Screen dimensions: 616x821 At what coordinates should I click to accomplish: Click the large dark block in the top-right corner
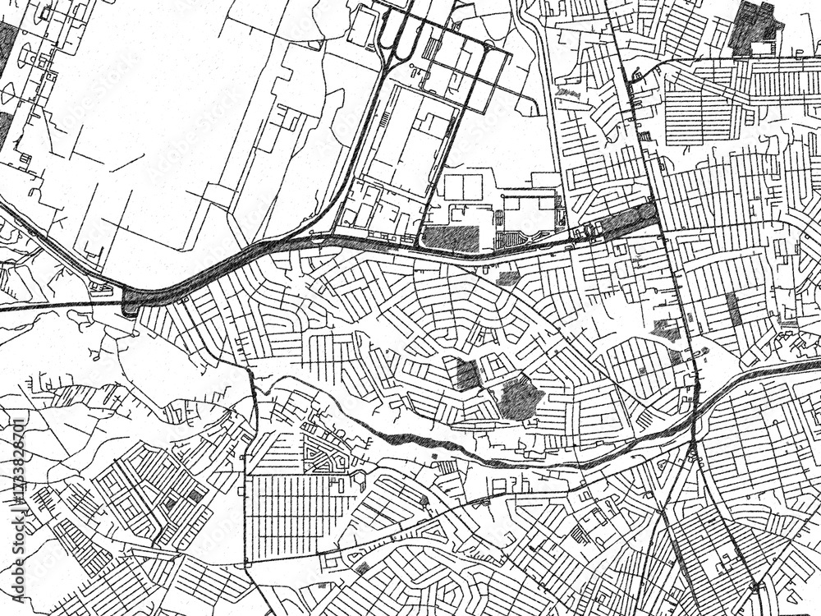[x=754, y=29]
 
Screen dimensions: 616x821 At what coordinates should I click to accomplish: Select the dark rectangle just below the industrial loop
[x=452, y=237]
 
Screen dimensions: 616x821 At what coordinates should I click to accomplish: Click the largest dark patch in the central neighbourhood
[x=520, y=398]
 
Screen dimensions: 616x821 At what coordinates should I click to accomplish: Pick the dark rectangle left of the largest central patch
[x=467, y=375]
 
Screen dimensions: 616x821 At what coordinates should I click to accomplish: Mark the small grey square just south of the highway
[x=508, y=278]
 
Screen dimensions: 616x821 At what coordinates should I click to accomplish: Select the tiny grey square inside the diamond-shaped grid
[x=195, y=496]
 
